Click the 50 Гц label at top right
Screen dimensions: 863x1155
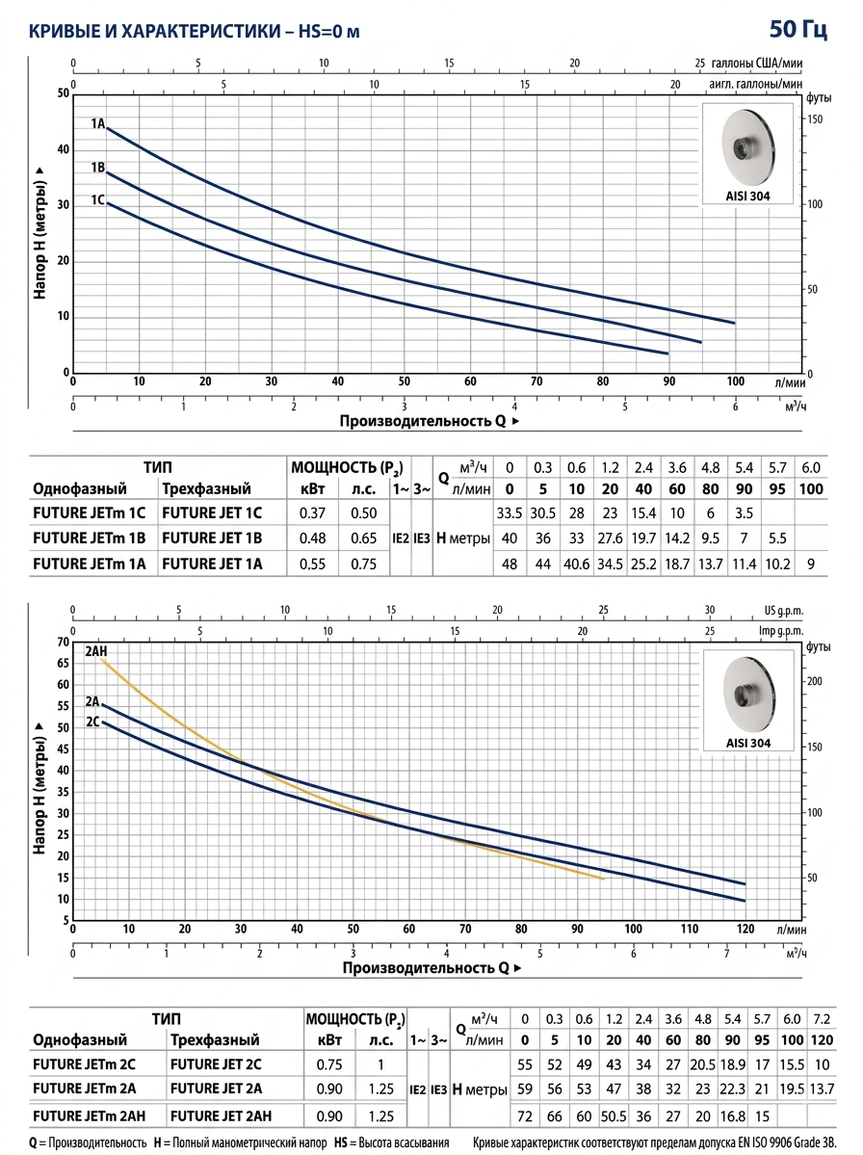click(798, 29)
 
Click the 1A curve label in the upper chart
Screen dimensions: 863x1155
click(98, 123)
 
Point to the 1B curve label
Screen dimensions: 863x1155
click(98, 168)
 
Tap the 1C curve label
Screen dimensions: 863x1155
click(98, 199)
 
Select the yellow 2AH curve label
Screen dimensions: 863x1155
click(96, 652)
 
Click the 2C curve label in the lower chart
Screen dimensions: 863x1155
click(92, 722)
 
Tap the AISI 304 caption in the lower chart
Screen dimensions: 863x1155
click(748, 743)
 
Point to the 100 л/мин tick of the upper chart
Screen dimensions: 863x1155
click(736, 381)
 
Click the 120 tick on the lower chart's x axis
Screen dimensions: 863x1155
click(745, 929)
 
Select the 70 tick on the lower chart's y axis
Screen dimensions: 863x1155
click(63, 643)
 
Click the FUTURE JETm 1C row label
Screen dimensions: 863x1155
click(90, 512)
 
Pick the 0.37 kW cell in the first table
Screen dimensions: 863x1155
click(312, 512)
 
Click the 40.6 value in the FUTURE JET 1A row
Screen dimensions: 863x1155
click(577, 564)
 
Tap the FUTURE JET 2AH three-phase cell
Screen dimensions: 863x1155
click(221, 1116)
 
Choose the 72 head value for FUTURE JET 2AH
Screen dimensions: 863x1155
click(524, 1116)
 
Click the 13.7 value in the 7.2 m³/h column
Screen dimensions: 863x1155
click(822, 1089)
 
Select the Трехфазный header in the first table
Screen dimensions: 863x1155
click(206, 488)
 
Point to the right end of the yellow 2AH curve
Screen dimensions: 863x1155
click(604, 879)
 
